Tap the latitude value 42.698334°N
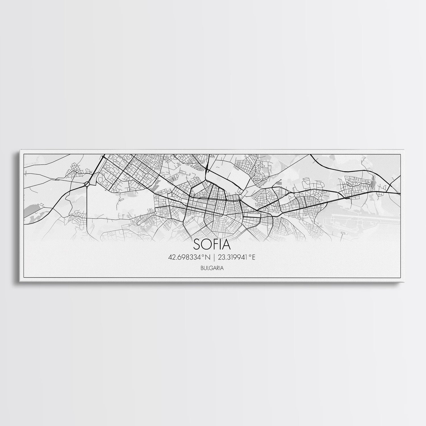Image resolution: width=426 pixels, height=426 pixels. [x=189, y=258]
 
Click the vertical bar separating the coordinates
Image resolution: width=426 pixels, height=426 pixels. [x=214, y=258]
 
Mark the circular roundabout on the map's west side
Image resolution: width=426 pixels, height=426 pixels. [x=87, y=185]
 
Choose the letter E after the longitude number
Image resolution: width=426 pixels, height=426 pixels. [x=254, y=258]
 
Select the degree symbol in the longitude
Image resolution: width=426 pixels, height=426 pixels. [x=250, y=256]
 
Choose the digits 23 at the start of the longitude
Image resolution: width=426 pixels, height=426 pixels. [x=221, y=258]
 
